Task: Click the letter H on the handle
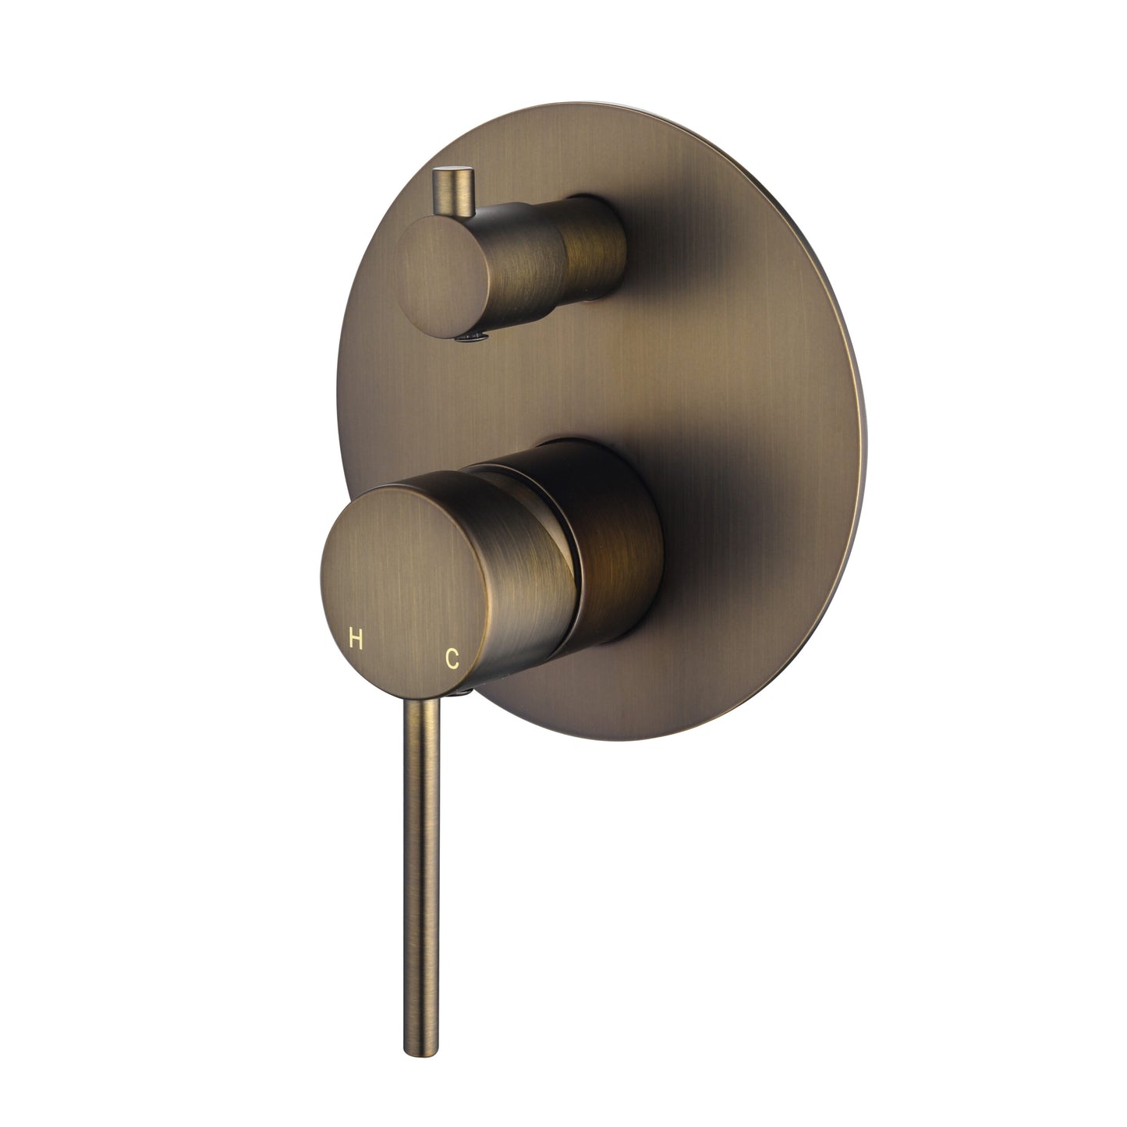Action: coord(356,641)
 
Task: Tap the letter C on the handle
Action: coord(451,658)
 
